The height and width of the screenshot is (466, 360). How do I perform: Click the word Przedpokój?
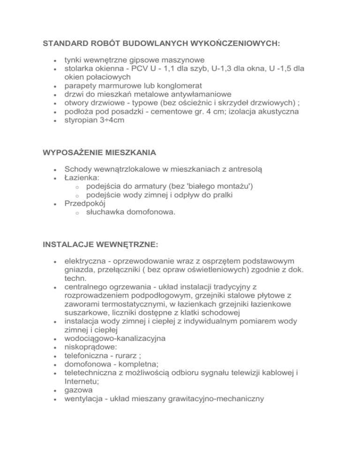pyautogui.click(x=85, y=203)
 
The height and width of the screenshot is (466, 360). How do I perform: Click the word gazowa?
pyautogui.click(x=78, y=389)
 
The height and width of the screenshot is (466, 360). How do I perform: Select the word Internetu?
pyautogui.click(x=83, y=381)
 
